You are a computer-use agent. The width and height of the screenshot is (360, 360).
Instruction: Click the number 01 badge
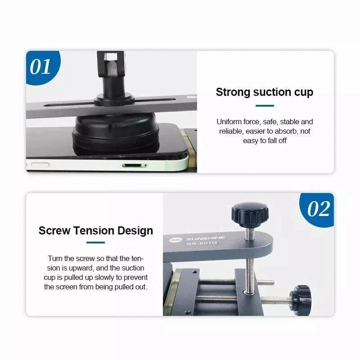41,67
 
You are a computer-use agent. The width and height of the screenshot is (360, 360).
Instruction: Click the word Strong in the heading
233,92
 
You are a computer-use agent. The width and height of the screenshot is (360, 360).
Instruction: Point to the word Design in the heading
135,231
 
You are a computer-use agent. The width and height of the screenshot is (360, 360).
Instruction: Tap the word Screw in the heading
54,230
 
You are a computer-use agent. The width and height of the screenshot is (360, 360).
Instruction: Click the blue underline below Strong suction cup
265,106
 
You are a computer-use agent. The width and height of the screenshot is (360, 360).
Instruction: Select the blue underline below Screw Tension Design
95,243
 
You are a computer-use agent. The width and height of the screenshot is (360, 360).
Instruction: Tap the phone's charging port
135,166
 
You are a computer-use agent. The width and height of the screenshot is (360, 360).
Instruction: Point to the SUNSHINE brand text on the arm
205,238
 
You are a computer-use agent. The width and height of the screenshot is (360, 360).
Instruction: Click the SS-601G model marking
202,243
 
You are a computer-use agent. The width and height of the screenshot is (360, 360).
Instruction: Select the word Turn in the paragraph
55,258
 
